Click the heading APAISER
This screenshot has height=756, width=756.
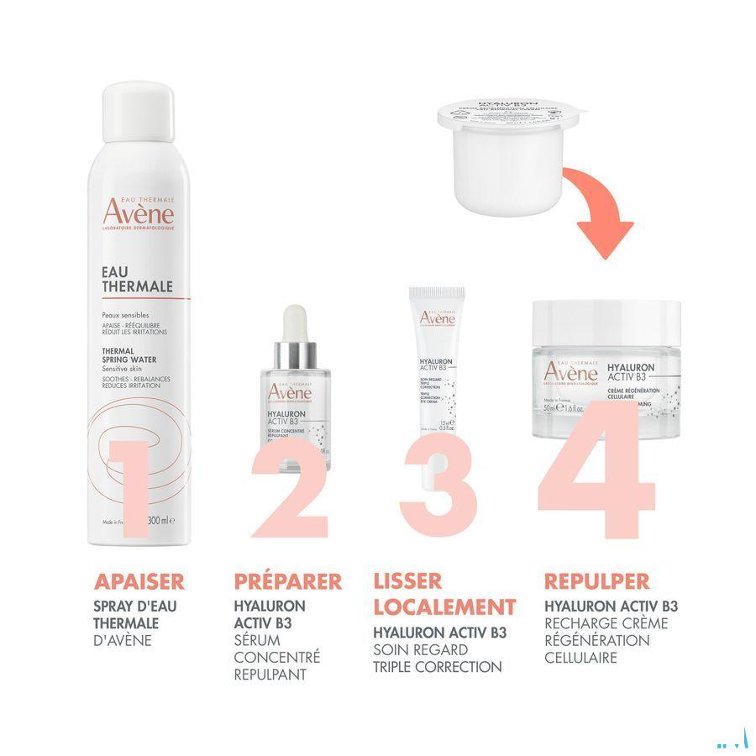coord(139,581)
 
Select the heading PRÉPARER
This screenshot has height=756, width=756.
coord(288,581)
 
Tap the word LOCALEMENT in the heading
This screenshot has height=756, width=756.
coord(444,606)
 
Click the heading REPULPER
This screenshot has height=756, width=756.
coord(596,581)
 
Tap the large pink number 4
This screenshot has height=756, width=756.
coord(598,470)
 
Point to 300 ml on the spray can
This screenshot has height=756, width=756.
coord(160,521)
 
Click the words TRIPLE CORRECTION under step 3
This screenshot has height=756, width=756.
coord(437,667)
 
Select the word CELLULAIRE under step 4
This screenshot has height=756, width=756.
coord(580,657)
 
